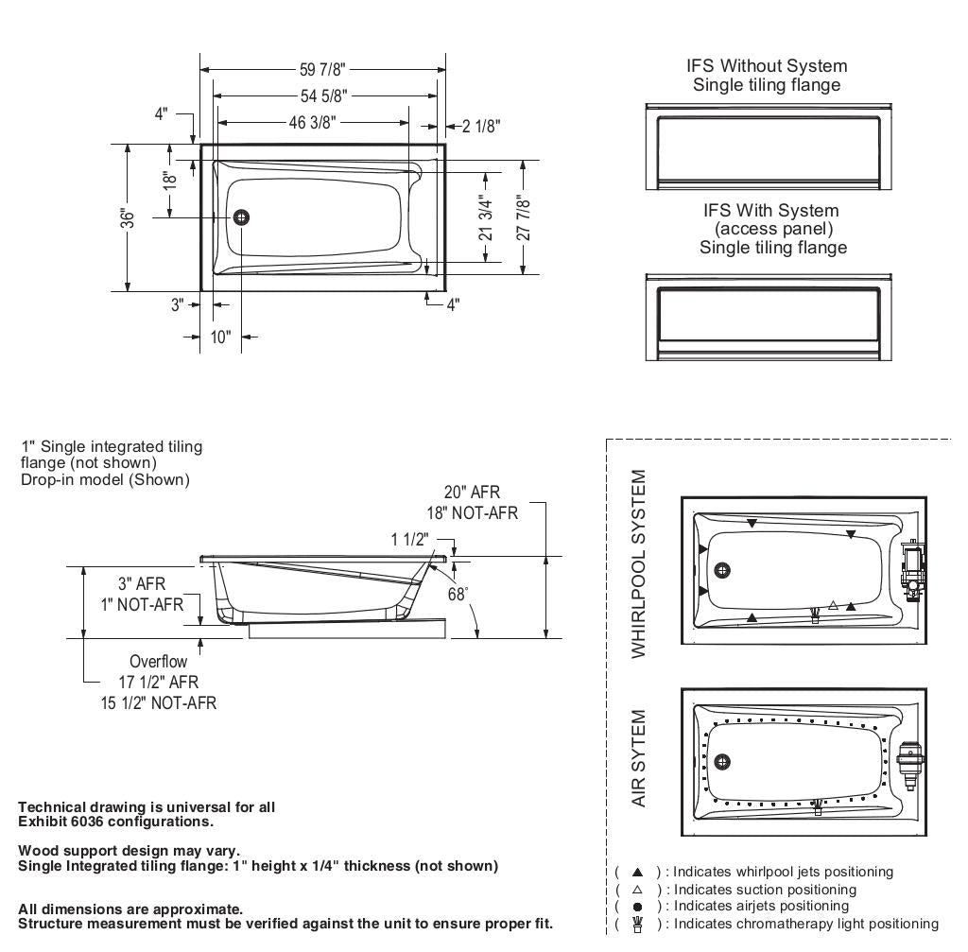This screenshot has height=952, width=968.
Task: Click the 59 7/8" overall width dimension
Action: [x=322, y=69]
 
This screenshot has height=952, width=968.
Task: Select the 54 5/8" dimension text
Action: [x=322, y=95]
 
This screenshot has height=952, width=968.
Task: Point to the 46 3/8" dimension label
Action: [x=313, y=123]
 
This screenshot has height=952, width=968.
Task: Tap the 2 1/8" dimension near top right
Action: [x=481, y=126]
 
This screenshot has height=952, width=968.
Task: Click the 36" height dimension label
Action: [x=129, y=217]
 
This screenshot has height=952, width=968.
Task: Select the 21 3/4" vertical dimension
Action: [x=487, y=217]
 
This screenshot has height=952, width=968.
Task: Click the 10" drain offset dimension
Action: [x=220, y=338]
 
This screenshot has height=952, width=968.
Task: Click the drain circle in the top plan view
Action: [x=242, y=217]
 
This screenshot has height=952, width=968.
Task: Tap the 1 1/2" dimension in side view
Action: [x=411, y=539]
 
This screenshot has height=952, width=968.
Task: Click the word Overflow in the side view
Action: [x=158, y=662]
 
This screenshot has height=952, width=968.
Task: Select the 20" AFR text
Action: [x=472, y=493]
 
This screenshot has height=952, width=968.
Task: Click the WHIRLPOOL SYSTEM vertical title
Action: [x=640, y=564]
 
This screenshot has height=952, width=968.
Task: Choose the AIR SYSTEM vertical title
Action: [x=640, y=758]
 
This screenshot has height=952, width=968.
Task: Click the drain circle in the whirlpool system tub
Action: [x=723, y=570]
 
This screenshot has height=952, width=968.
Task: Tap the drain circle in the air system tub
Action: [x=723, y=762]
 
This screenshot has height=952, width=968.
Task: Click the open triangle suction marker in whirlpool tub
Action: [x=833, y=605]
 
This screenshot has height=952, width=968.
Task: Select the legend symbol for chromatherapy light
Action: [x=637, y=924]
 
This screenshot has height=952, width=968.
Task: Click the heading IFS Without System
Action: [x=767, y=66]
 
